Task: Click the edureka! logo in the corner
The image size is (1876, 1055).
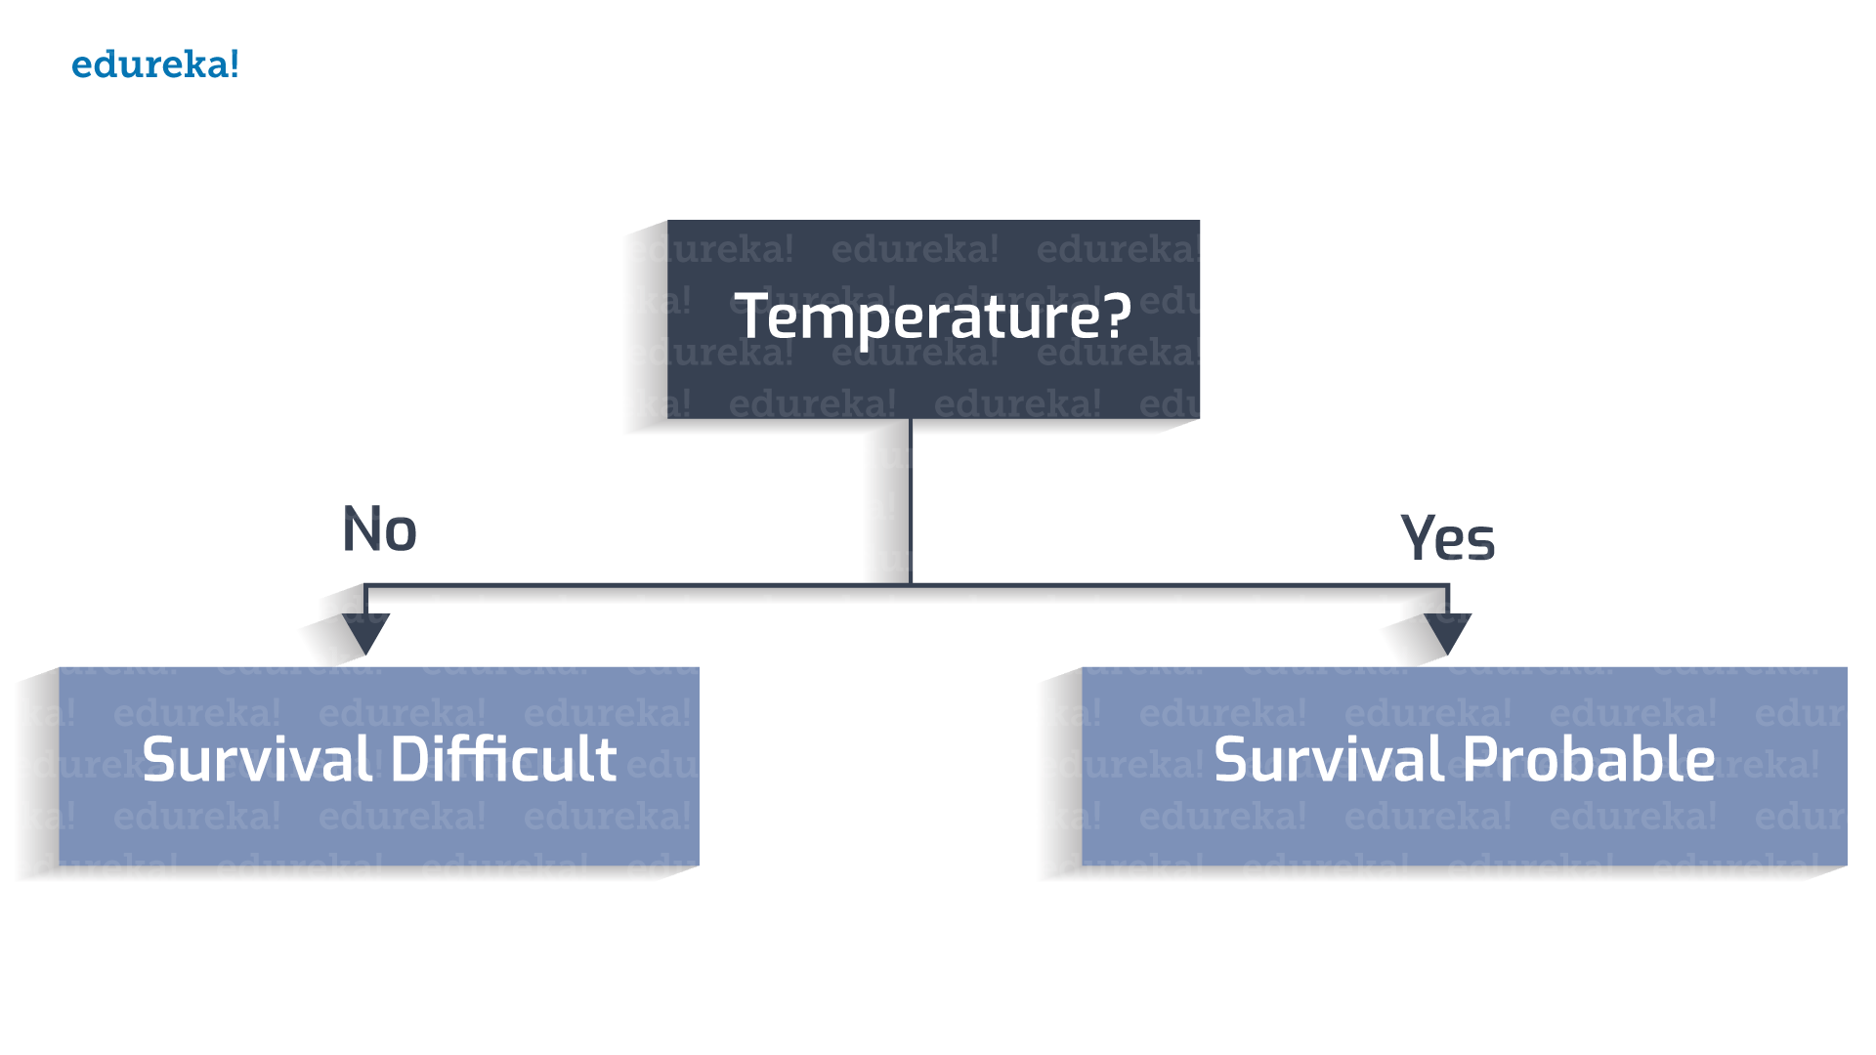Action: [155, 64]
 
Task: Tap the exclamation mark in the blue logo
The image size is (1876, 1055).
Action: [234, 64]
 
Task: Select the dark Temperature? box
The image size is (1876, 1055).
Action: [933, 319]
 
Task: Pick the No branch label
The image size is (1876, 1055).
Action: [380, 529]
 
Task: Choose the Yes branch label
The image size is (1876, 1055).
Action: [1447, 537]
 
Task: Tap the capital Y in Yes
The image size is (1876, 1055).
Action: [1418, 536]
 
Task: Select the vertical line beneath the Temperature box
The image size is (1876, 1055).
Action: [911, 502]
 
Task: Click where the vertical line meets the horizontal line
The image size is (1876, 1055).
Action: [911, 585]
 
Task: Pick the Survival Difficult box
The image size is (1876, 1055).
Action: [379, 766]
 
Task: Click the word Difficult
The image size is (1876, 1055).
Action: [504, 759]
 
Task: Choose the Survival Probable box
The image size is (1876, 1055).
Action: [1465, 766]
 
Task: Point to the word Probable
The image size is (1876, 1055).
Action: [1589, 759]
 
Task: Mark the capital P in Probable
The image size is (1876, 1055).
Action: [1481, 760]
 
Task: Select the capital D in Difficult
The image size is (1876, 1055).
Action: [411, 760]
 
